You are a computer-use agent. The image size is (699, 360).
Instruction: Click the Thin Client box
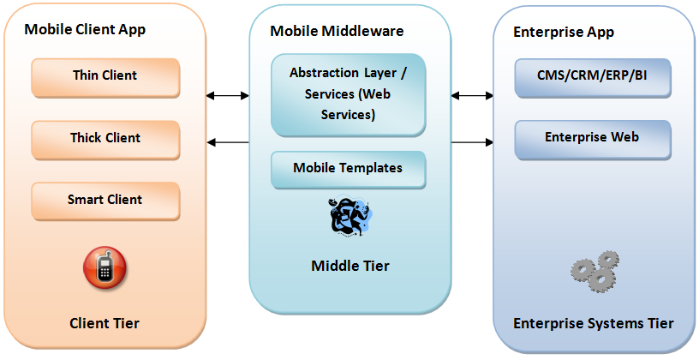(105, 77)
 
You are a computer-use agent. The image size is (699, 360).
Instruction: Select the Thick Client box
(105, 139)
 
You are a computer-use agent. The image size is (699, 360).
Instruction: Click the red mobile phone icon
(105, 267)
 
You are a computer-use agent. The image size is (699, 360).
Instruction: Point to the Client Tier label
(105, 323)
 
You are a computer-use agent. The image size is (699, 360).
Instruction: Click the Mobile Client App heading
(85, 30)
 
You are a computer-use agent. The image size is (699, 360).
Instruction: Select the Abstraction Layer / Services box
(348, 94)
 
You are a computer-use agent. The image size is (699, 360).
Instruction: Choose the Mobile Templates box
(348, 169)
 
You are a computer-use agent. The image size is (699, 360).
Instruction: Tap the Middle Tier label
(349, 266)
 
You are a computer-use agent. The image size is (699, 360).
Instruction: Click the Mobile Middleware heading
(337, 31)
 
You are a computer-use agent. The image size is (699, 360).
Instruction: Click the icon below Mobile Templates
(349, 218)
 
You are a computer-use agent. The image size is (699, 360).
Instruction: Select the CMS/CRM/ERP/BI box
(592, 77)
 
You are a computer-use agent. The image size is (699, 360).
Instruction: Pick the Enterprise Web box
(592, 139)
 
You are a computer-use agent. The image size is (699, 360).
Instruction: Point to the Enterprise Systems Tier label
(593, 323)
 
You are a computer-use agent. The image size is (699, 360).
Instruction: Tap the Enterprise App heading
(563, 32)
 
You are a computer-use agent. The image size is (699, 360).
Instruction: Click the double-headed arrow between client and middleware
(228, 96)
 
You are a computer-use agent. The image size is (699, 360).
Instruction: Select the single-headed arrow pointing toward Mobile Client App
(228, 141)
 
